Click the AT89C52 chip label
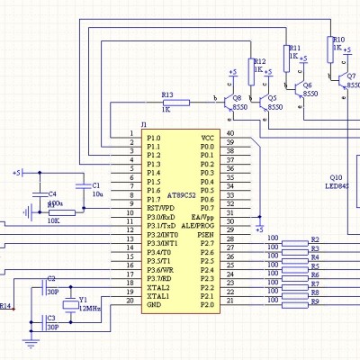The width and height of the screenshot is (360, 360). [x=184, y=193]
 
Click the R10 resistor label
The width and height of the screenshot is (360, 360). [x=338, y=40]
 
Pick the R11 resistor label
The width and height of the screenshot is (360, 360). [x=293, y=49]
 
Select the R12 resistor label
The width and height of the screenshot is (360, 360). [x=259, y=61]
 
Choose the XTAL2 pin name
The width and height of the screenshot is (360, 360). [x=158, y=287]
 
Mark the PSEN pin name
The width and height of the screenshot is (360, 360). [x=206, y=234]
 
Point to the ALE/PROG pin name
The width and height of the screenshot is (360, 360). [x=198, y=225]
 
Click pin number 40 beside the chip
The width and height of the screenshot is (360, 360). [x=230, y=135]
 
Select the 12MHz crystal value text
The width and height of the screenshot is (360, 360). [x=90, y=307]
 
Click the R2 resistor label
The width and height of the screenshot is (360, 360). [x=314, y=239]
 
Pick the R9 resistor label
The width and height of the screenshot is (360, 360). [x=314, y=301]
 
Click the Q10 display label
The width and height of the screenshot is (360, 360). [x=336, y=177]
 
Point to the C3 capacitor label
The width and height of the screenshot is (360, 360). [x=50, y=318]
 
